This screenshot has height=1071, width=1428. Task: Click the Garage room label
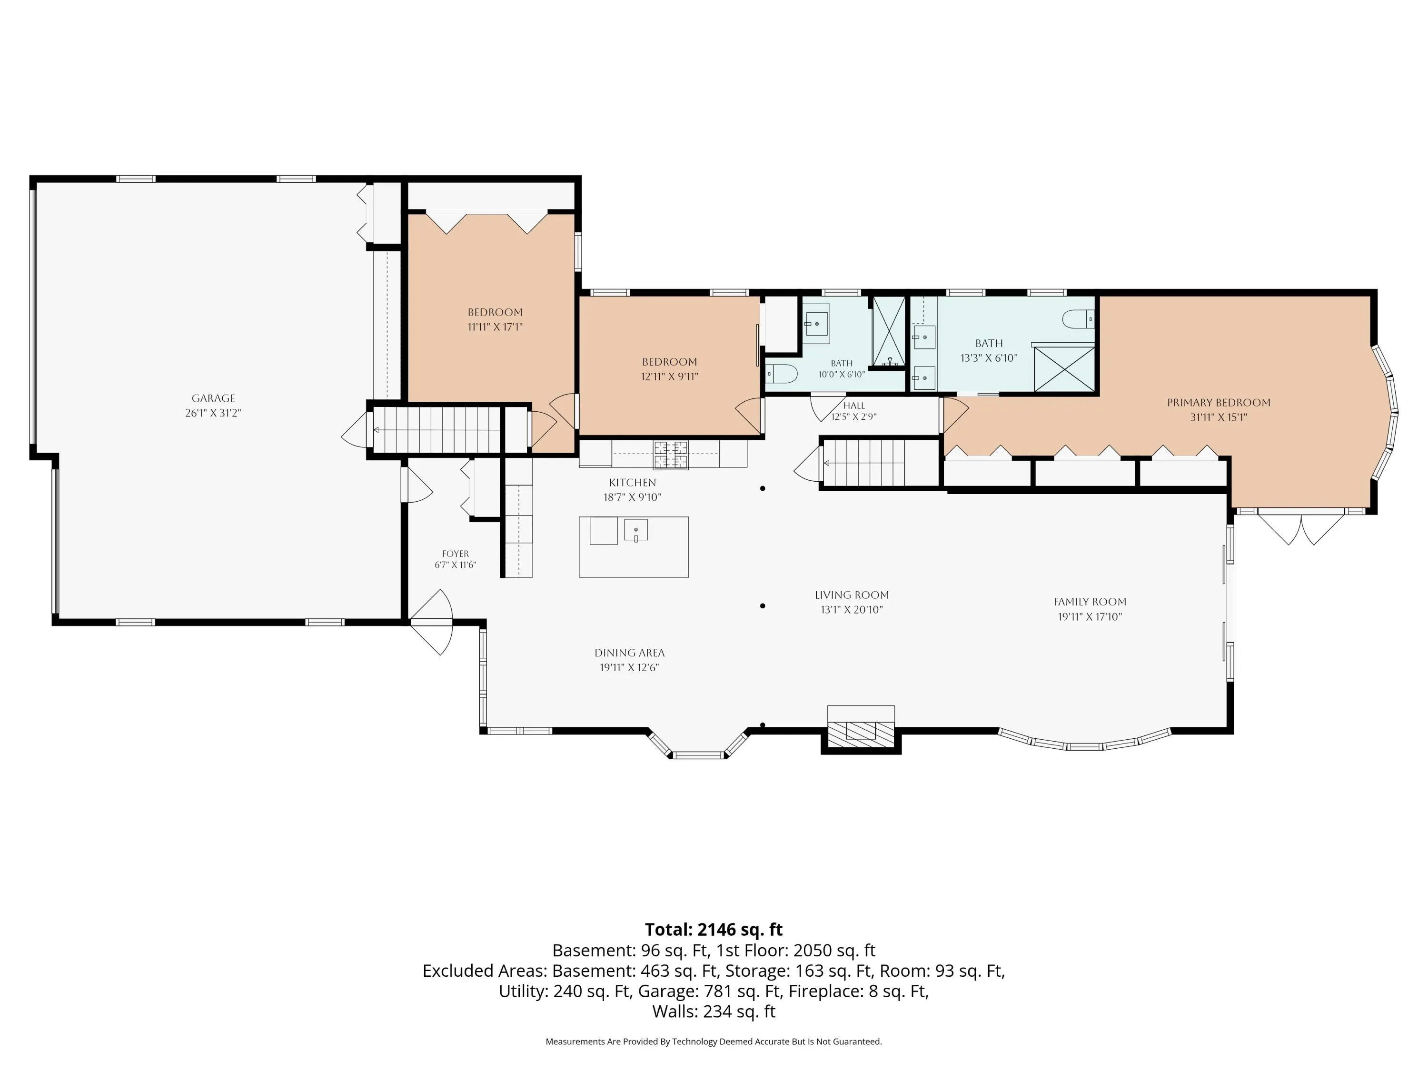pos(213,398)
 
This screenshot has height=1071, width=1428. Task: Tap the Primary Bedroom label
pos(1218,402)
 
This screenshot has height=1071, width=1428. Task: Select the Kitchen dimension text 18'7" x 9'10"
pos(632,497)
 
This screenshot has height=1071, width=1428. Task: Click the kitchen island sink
pos(636,530)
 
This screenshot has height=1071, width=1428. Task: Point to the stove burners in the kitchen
pos(671,455)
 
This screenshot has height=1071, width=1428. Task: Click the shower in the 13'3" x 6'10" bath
pos(1064,368)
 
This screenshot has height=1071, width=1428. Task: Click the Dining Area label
pos(629,653)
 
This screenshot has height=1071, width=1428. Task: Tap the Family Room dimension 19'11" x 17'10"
pos(1090,616)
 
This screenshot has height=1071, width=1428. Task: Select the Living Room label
pos(852,595)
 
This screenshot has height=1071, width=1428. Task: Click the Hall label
pos(853,406)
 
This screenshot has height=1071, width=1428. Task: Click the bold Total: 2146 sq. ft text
pos(714,930)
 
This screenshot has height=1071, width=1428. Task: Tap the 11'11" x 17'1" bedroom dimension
pos(495,327)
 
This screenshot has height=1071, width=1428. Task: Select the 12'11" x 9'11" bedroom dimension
pos(669,377)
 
